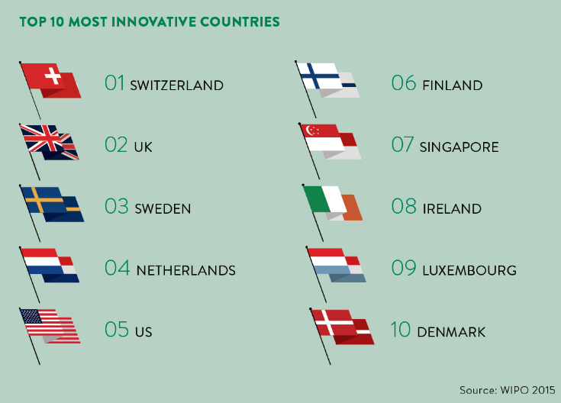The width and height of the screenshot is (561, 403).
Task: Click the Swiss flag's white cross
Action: pos(53,76)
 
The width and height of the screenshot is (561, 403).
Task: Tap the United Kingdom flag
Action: pos(50,143)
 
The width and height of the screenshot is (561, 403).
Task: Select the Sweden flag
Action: pos(52,204)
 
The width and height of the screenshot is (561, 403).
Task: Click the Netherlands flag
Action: pos(50,265)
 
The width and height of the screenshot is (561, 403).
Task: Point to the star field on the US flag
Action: pos(31,317)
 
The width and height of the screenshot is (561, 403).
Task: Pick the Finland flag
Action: pos(327,80)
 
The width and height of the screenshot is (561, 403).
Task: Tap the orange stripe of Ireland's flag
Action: pos(352,208)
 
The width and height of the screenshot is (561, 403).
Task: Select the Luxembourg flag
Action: pos(337,265)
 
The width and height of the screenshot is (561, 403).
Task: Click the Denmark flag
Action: pos(343,327)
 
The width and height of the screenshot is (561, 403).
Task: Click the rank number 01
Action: pos(114,82)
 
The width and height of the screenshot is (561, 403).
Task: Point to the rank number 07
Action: pos(402,144)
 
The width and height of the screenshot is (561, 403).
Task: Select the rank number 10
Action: pos(401,329)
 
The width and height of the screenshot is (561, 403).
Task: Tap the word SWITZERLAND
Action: pos(177,85)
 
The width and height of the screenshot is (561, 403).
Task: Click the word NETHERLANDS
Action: pos(186,270)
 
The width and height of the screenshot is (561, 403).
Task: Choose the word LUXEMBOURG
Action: pos(469,270)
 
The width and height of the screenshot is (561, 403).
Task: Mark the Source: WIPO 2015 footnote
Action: pos(508,390)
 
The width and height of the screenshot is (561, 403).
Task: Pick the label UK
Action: pos(143,147)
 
